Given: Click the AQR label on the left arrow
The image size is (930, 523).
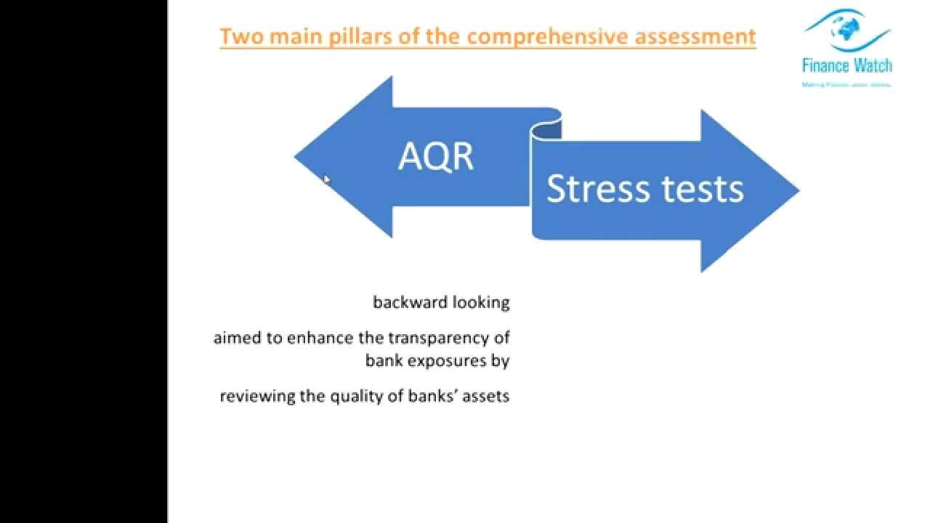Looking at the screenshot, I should [436, 157].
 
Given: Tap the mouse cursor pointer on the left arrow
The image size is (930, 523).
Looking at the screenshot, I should [326, 179].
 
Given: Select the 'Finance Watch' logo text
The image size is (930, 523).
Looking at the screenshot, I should [847, 65].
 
